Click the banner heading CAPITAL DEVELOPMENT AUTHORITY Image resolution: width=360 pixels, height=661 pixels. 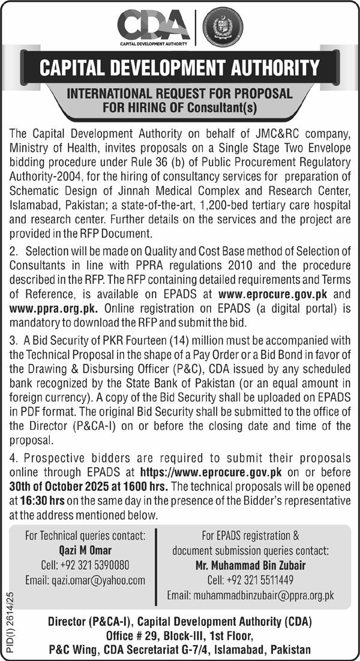[179, 67]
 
